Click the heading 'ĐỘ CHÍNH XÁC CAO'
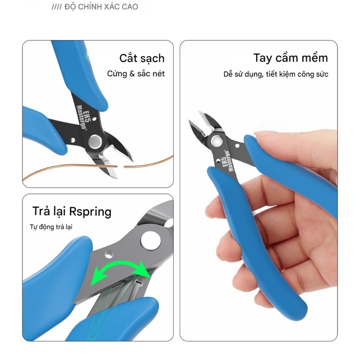pyautogui.click(x=101, y=7)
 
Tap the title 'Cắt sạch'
pyautogui.click(x=142, y=58)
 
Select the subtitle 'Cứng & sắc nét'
pyautogui.click(x=136, y=74)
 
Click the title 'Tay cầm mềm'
pyautogui.click(x=291, y=58)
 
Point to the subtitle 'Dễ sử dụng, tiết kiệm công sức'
pyautogui.click(x=276, y=74)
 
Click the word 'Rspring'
pyautogui.click(x=90, y=212)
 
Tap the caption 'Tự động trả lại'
pyautogui.click(x=51, y=227)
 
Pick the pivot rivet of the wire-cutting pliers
pyautogui.click(x=95, y=141)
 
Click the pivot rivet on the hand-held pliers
pyautogui.click(x=216, y=140)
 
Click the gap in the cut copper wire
pyautogui.click(x=121, y=167)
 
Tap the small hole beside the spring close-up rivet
pyautogui.click(x=109, y=255)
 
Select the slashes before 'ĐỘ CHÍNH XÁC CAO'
pyautogui.click(x=56, y=7)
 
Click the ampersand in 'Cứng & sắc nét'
pyautogui.click(x=132, y=74)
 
